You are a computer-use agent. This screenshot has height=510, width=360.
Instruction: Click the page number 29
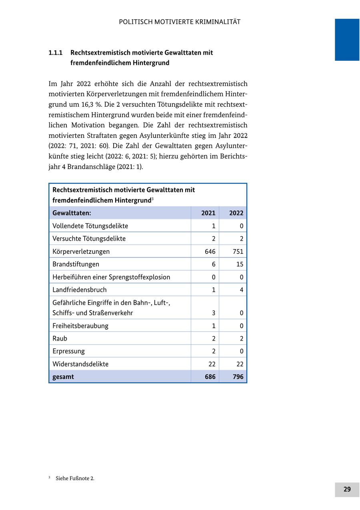point(347,489)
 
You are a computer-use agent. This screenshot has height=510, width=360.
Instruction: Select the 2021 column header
point(208,213)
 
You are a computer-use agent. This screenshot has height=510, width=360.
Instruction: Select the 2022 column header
point(236,213)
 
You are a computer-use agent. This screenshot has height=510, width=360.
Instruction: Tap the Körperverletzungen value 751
point(238,251)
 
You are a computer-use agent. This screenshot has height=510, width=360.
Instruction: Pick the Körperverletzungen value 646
point(210,251)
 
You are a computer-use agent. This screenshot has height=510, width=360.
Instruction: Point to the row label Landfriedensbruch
point(80,290)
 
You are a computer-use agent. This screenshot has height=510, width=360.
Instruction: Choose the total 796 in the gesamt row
point(238,377)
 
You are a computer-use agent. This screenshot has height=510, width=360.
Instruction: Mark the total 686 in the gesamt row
point(210,377)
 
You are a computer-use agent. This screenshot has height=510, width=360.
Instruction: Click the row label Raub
point(60,338)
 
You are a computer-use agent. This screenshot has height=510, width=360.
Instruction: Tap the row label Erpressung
point(69,351)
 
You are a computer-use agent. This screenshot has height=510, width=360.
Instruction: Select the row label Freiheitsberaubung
point(80,325)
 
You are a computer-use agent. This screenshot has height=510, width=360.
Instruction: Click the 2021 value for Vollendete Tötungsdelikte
point(214,226)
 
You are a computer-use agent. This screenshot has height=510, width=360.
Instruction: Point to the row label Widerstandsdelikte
point(80,364)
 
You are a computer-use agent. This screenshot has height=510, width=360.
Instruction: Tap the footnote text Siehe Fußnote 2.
point(75,478)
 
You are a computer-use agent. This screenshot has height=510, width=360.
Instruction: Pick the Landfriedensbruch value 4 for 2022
point(242,290)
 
